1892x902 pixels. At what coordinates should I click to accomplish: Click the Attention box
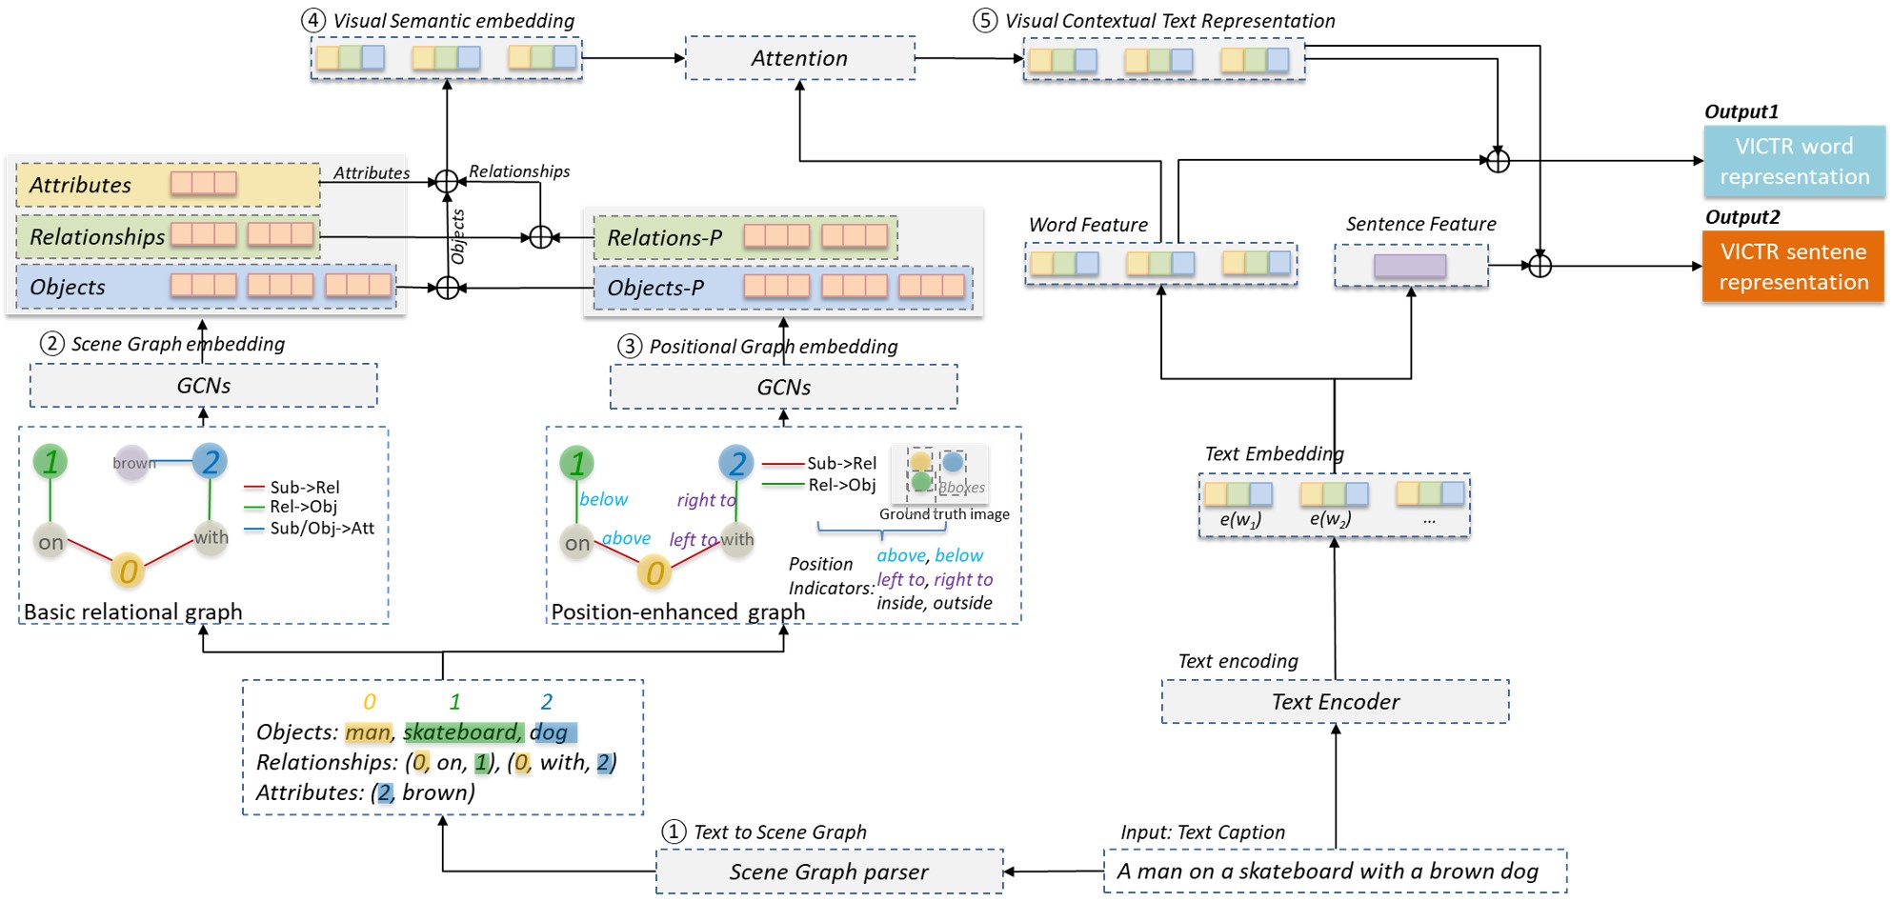click(799, 58)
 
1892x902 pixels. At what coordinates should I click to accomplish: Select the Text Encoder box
click(1335, 702)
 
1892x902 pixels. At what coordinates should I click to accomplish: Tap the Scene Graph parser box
click(829, 872)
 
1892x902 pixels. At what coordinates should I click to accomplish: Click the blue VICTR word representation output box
click(1794, 161)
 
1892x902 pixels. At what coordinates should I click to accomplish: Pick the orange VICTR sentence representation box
click(1793, 267)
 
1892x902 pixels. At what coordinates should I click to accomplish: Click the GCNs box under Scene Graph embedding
click(203, 386)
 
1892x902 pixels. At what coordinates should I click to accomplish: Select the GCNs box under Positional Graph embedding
click(783, 388)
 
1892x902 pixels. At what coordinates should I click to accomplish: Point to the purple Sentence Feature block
click(1410, 266)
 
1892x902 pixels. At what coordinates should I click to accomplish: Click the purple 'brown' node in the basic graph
click(131, 463)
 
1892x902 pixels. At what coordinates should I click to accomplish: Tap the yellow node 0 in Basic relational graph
click(128, 571)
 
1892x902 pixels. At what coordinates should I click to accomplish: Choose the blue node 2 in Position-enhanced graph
click(736, 463)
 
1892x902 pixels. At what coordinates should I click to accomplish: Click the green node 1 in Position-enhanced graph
click(576, 463)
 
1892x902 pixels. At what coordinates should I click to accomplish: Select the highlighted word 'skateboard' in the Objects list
click(461, 732)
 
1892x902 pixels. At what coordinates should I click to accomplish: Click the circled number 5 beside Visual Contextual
click(985, 21)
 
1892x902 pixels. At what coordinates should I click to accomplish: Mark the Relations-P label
click(664, 238)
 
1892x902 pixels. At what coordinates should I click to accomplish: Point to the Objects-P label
click(655, 288)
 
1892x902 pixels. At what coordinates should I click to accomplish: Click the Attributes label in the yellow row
click(80, 185)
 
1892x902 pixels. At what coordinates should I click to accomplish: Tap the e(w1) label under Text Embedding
click(1239, 520)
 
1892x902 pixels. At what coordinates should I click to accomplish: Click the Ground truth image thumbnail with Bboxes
click(939, 473)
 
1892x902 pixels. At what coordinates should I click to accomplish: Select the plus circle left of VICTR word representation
click(1498, 161)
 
